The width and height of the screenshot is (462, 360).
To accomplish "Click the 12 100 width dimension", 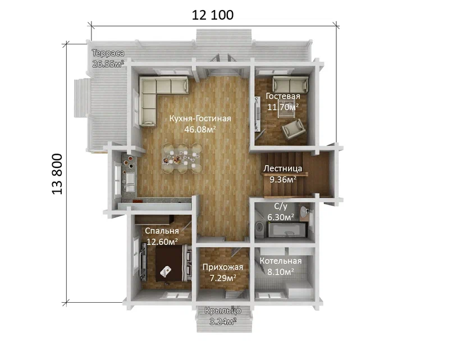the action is click(x=212, y=15).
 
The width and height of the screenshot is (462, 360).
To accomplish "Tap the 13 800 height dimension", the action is click(x=57, y=174).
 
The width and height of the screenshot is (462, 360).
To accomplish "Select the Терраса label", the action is click(x=108, y=53).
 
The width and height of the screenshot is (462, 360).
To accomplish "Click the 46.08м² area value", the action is click(x=200, y=129).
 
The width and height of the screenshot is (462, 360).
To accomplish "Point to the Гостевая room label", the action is click(x=283, y=96).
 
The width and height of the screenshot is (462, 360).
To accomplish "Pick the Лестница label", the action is click(x=282, y=168).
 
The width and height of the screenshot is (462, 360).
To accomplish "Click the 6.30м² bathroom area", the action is click(x=281, y=217).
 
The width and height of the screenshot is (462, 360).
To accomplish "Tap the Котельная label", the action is click(x=281, y=261).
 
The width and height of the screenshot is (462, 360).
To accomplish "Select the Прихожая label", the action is click(x=223, y=267).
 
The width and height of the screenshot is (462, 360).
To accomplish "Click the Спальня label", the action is click(x=162, y=231).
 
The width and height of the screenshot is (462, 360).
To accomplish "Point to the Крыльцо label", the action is click(x=223, y=311).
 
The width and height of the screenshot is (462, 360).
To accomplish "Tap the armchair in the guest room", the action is click(x=293, y=129).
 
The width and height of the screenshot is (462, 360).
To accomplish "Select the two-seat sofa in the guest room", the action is click(x=290, y=84).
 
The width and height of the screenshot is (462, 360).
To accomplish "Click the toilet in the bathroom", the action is click(x=259, y=227).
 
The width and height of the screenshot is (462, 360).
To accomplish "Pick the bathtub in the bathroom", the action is click(x=287, y=230).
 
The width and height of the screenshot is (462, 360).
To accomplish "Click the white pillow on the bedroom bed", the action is click(x=166, y=271).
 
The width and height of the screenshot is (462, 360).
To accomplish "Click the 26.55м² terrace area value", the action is click(x=108, y=64).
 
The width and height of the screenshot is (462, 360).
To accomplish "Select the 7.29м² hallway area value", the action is click(x=223, y=278).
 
